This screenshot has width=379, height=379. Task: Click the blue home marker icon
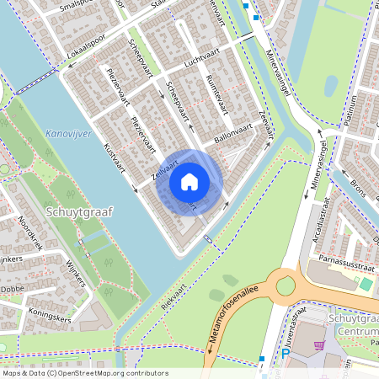pyautogui.click(x=189, y=181)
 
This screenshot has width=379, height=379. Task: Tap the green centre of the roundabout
pyautogui.click(x=286, y=286)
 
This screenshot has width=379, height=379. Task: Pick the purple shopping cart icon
pyautogui.click(x=318, y=344)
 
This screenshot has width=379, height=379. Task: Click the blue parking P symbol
pyautogui.click(x=285, y=354)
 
